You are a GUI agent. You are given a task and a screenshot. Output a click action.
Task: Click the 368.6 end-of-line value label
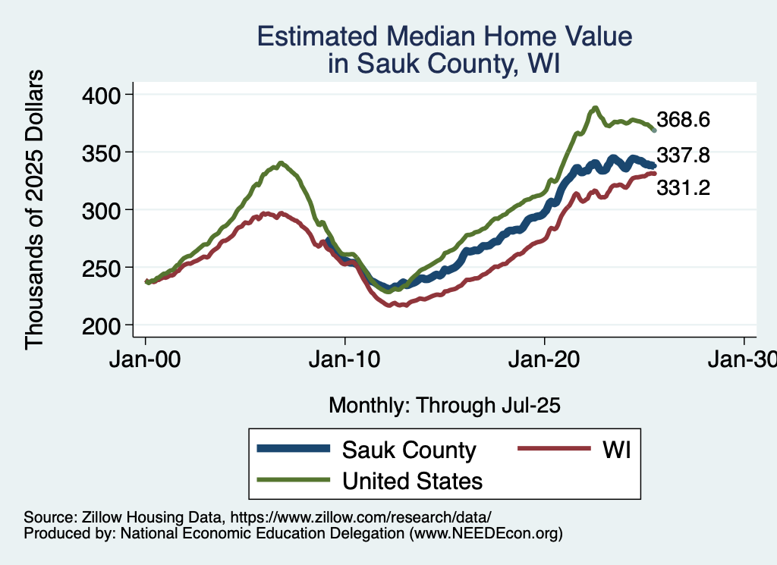pyautogui.click(x=683, y=120)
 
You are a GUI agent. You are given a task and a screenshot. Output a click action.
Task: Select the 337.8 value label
pyautogui.click(x=683, y=155)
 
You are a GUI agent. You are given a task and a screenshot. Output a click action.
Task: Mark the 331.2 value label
pyautogui.click(x=683, y=187)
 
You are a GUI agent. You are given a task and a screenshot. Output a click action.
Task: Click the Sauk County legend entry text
pyautogui.click(x=409, y=450)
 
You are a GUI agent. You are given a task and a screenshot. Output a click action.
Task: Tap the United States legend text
pyautogui.click(x=412, y=480)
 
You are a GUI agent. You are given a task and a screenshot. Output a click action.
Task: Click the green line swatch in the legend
pyautogui.click(x=294, y=480)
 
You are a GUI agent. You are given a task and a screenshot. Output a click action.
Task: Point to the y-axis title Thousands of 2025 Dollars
pyautogui.click(x=35, y=209)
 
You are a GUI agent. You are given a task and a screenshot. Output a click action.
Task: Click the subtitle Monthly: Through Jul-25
pyautogui.click(x=444, y=405)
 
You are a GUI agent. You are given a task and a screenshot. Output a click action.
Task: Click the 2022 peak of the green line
pyautogui.click(x=596, y=108)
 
